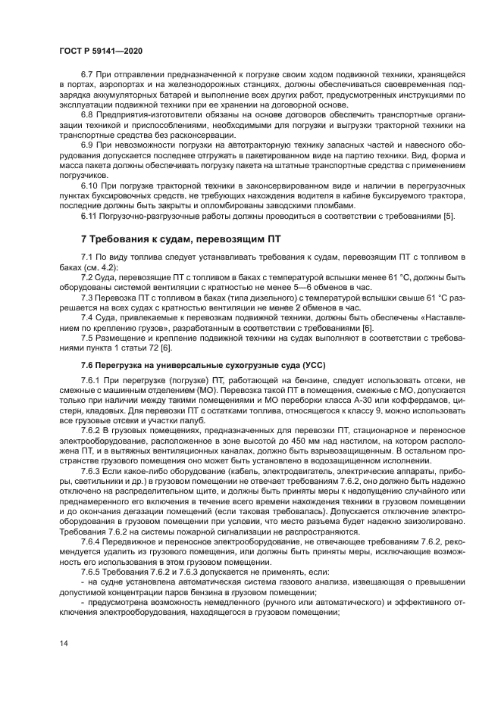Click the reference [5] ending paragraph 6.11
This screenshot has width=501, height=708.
(x=449, y=216)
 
